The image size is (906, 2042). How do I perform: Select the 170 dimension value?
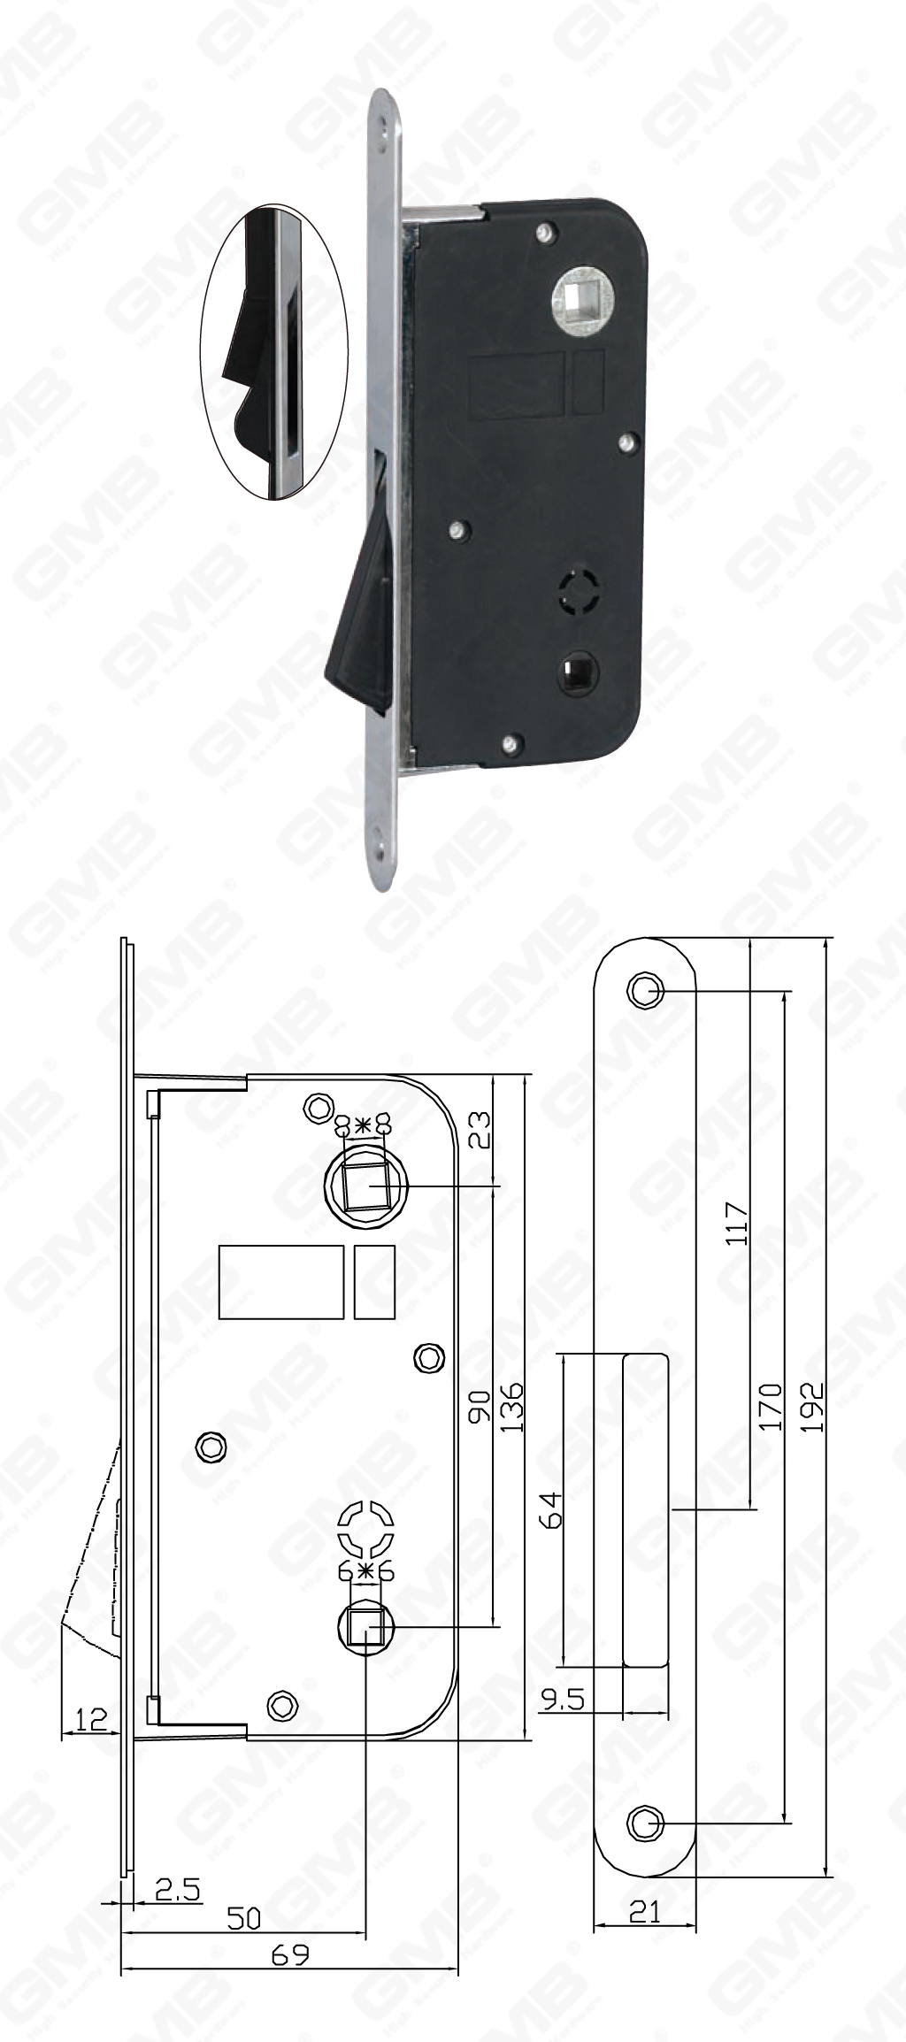coord(771,1407)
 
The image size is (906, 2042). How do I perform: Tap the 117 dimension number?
coord(736,1224)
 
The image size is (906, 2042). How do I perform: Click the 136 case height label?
coord(511,1407)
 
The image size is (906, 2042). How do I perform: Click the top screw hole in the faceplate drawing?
coord(645,992)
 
